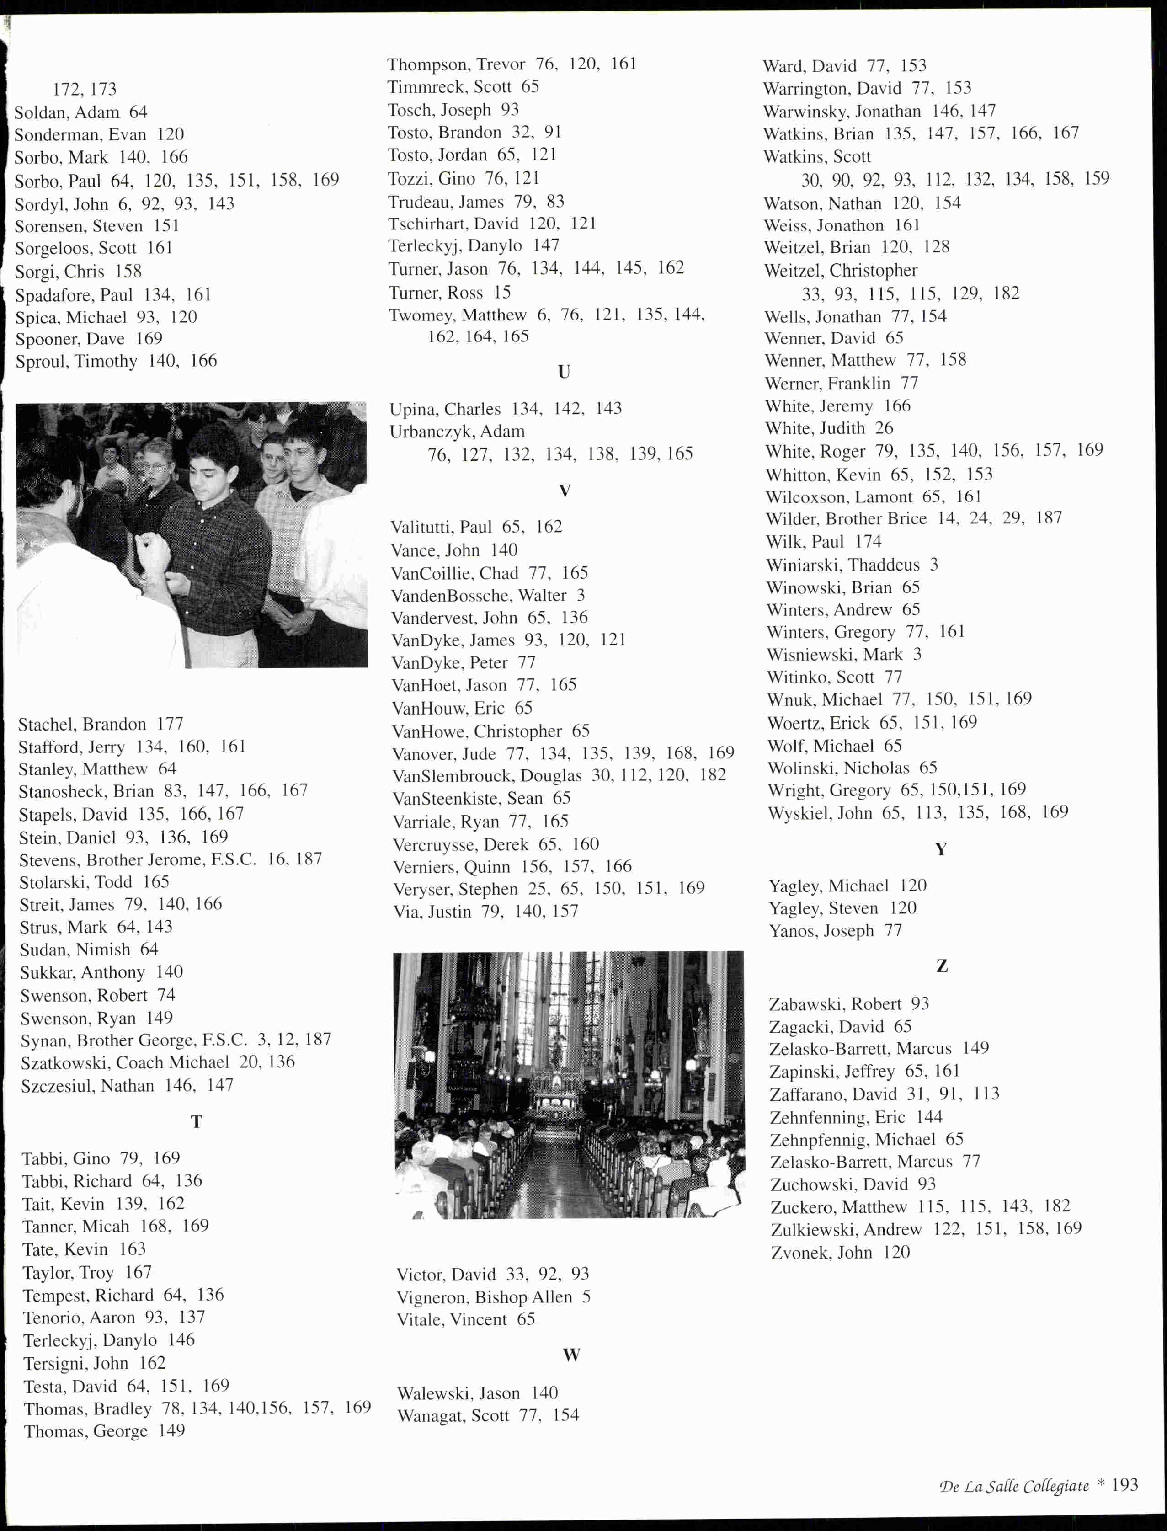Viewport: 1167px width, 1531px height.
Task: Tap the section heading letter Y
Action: [x=941, y=849]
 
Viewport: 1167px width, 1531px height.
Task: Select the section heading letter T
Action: [x=196, y=1122]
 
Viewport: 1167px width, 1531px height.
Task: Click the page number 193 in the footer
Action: [x=1124, y=1484]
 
